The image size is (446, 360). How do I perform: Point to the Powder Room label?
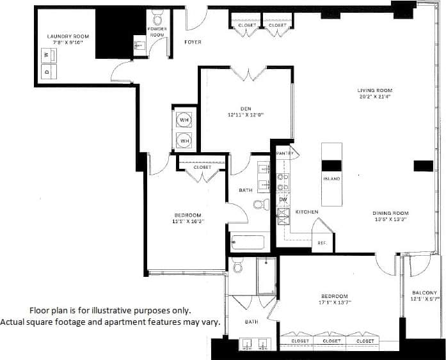(157, 32)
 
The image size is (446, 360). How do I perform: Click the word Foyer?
(193, 42)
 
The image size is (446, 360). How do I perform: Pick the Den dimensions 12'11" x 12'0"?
(246, 116)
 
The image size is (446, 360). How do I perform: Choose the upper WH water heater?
(184, 120)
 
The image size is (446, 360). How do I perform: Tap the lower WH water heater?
(184, 140)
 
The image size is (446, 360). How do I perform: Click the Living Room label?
(374, 91)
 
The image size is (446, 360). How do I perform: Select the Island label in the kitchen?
(331, 179)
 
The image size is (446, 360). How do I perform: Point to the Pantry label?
(284, 154)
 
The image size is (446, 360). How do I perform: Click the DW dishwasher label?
(283, 200)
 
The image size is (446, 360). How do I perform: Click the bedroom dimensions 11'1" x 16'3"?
(187, 221)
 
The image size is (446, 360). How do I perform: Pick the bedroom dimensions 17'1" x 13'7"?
(334, 303)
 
